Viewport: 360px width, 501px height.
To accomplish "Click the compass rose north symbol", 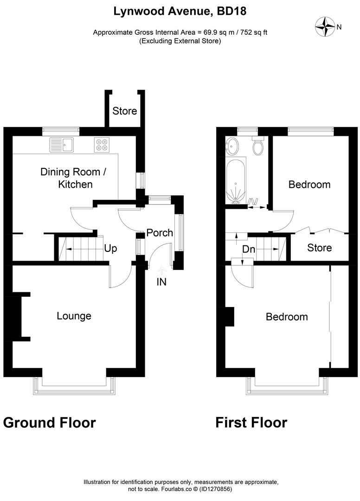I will tap(326, 26).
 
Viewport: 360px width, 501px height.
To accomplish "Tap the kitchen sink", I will tap(62, 145).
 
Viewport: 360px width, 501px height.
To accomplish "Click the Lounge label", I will tap(74, 316).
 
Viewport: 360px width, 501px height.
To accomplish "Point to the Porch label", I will tap(160, 233).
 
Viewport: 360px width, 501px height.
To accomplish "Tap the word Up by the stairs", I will tap(110, 249).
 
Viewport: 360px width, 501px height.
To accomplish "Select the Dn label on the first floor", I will tap(249, 250).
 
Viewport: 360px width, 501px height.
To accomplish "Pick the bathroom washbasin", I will tap(232, 148).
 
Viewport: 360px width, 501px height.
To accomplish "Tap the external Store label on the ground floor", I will tap(125, 111).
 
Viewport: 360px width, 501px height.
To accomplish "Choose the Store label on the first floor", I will tap(320, 248).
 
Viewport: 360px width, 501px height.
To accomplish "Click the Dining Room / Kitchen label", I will tap(74, 178).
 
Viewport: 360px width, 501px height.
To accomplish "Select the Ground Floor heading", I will tap(50, 423).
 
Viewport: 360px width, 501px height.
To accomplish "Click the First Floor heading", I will tap(251, 423).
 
